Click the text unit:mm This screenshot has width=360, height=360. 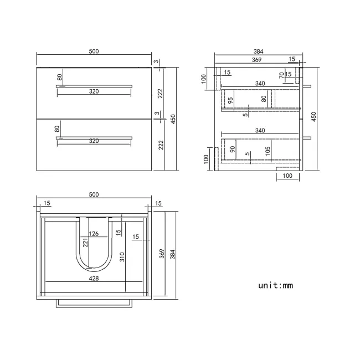click(275, 286)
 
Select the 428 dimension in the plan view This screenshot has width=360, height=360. click(94, 279)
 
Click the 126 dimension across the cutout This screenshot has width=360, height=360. click(94, 234)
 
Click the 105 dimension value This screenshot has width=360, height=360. click(267, 150)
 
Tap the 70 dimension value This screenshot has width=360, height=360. click(281, 74)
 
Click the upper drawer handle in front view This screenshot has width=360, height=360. click(94, 86)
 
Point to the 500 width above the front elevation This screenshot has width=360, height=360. click(94, 52)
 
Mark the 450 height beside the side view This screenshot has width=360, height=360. click(313, 116)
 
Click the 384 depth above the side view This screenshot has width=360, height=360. click(258, 52)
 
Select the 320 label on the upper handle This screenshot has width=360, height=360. click(94, 92)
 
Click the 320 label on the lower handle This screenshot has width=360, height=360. click(94, 141)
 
